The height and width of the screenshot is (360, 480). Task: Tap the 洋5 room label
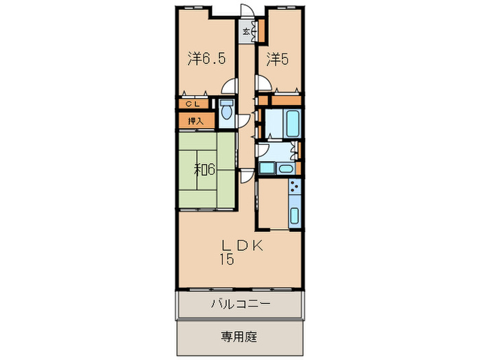click(276, 59)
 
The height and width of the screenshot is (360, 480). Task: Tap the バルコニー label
click(240, 302)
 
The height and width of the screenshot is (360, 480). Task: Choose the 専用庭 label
click(239, 337)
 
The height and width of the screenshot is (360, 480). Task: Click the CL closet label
click(195, 104)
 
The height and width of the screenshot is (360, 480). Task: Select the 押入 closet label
click(196, 121)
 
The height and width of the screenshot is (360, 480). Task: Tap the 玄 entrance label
click(245, 31)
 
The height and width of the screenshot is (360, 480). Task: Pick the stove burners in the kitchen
click(294, 186)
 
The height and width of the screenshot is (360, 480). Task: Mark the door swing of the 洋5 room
click(261, 84)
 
